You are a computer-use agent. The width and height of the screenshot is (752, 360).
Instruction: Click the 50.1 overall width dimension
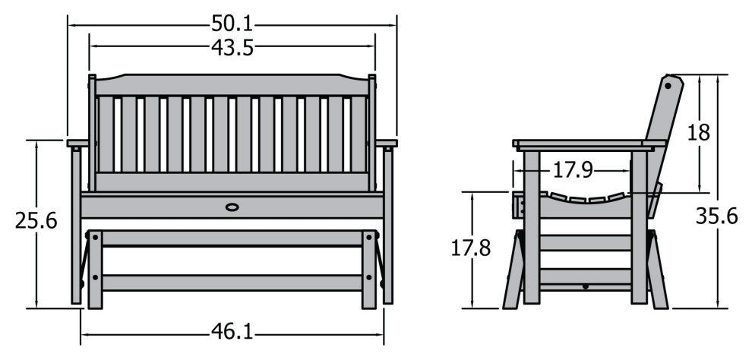[x=232, y=24]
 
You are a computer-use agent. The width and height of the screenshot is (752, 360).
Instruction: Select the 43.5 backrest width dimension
[x=232, y=47]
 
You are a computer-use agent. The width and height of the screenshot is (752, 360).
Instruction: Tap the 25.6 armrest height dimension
[x=36, y=221]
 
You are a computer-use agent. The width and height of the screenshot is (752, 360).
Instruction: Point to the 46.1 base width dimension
[x=232, y=333]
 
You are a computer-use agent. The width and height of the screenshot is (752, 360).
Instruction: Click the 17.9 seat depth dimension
[x=572, y=169]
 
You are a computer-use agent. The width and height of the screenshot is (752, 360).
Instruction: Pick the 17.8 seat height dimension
[x=472, y=248]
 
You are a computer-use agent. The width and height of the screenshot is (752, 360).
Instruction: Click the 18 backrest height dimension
[x=698, y=132]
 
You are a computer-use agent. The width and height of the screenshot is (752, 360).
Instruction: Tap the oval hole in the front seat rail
[x=232, y=206]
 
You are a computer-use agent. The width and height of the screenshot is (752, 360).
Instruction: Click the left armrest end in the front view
[x=77, y=143]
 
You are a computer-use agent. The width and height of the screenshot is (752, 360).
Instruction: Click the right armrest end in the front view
[x=387, y=143]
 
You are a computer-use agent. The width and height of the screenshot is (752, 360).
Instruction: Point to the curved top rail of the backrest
[x=232, y=84]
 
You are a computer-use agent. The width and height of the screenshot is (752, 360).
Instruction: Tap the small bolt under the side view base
[x=584, y=287]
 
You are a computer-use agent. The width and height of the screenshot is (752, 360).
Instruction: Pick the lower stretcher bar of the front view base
[x=232, y=283]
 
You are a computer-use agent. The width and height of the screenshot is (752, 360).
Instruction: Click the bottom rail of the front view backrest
[x=232, y=182]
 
